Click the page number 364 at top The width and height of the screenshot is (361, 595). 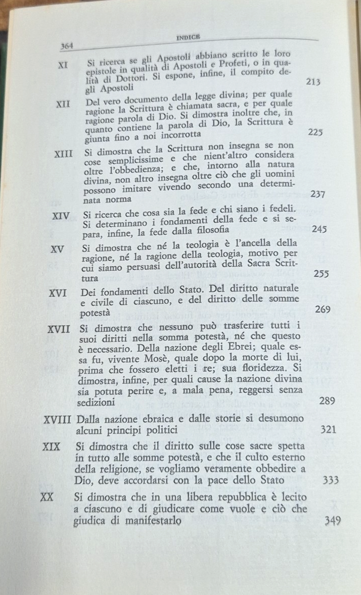67,46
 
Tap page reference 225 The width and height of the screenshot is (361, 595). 315,132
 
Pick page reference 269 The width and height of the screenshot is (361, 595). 323,309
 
